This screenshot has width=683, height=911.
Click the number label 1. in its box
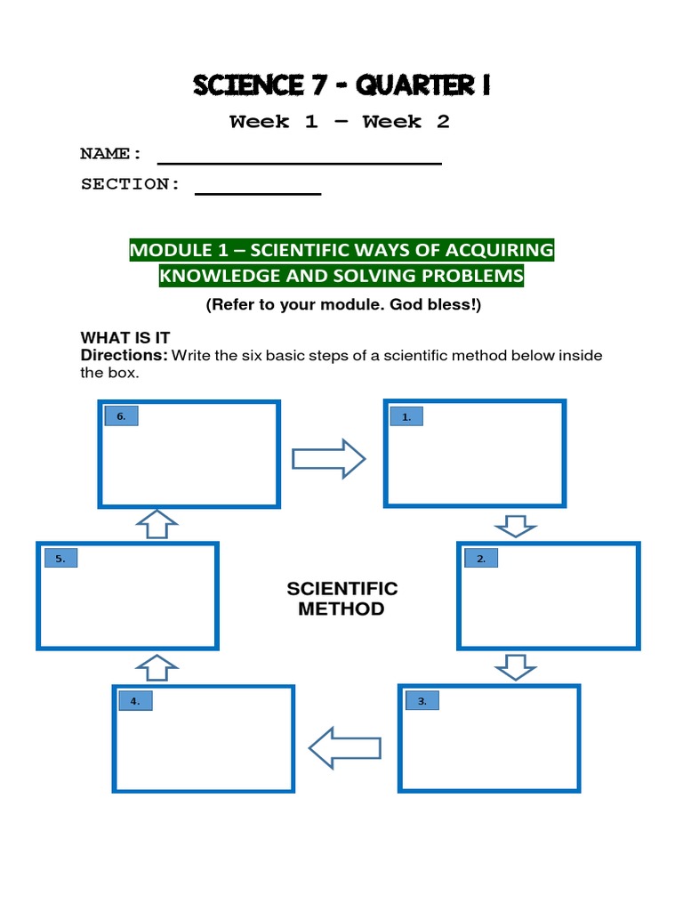click(406, 416)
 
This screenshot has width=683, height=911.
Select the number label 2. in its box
click(481, 559)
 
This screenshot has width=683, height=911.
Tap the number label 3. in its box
click(422, 701)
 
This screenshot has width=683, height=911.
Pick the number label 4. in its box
click(135, 701)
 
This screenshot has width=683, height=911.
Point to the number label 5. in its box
click(60, 559)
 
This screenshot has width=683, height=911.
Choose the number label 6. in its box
click(122, 416)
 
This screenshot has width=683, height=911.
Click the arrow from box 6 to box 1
click(328, 459)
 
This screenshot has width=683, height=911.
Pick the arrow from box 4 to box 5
click(157, 667)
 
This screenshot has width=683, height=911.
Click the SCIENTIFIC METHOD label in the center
click(341, 599)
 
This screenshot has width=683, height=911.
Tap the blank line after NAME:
click(299, 161)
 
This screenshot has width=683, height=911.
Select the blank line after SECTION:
click(257, 191)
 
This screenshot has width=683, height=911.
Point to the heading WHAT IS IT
click(125, 338)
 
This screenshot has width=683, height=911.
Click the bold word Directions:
click(124, 356)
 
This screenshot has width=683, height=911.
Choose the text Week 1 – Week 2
click(339, 123)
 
